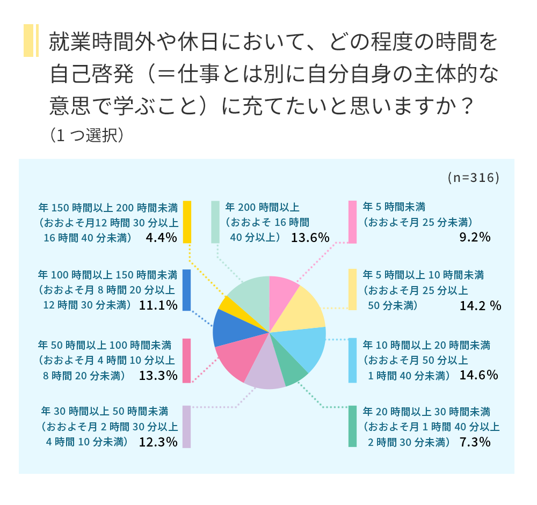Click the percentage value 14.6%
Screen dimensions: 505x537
click(x=479, y=375)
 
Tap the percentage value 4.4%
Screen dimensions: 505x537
click(x=161, y=237)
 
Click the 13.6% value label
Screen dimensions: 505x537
click(x=310, y=237)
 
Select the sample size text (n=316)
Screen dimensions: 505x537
click(x=473, y=178)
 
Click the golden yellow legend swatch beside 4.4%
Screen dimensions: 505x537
click(x=187, y=222)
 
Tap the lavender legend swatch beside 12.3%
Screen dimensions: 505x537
click(x=187, y=427)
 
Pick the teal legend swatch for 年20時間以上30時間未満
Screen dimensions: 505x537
click(x=352, y=427)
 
